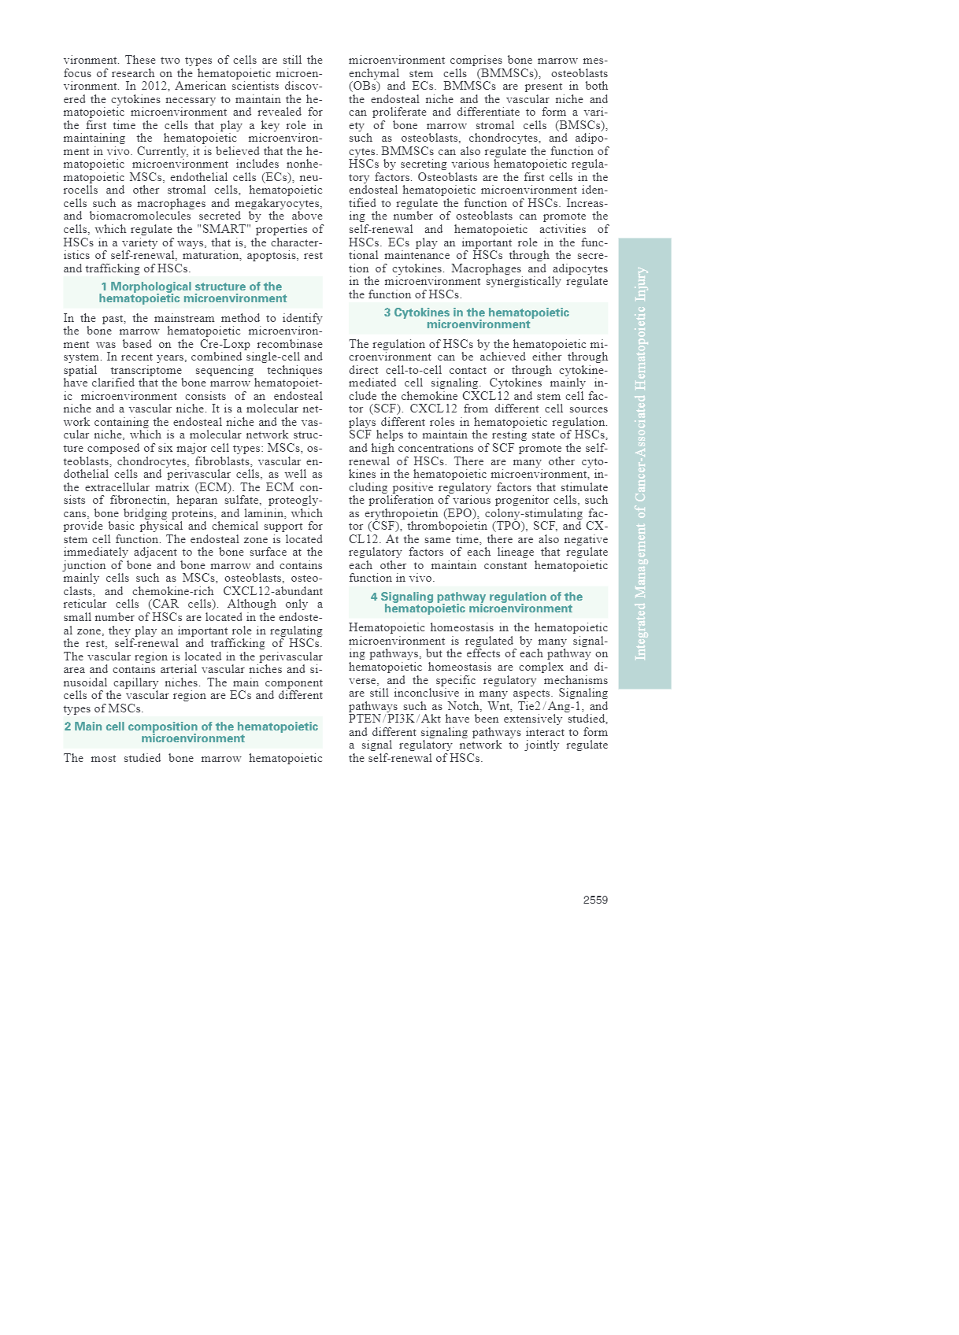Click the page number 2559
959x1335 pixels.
click(x=594, y=900)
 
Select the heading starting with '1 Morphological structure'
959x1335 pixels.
click(x=192, y=292)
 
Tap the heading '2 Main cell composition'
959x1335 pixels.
click(x=192, y=732)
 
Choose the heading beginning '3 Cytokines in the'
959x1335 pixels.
click(x=477, y=318)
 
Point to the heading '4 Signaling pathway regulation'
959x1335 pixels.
click(x=477, y=602)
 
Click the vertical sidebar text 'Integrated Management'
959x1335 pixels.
click(x=642, y=464)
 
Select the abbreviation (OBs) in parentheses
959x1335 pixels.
click(x=363, y=86)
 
